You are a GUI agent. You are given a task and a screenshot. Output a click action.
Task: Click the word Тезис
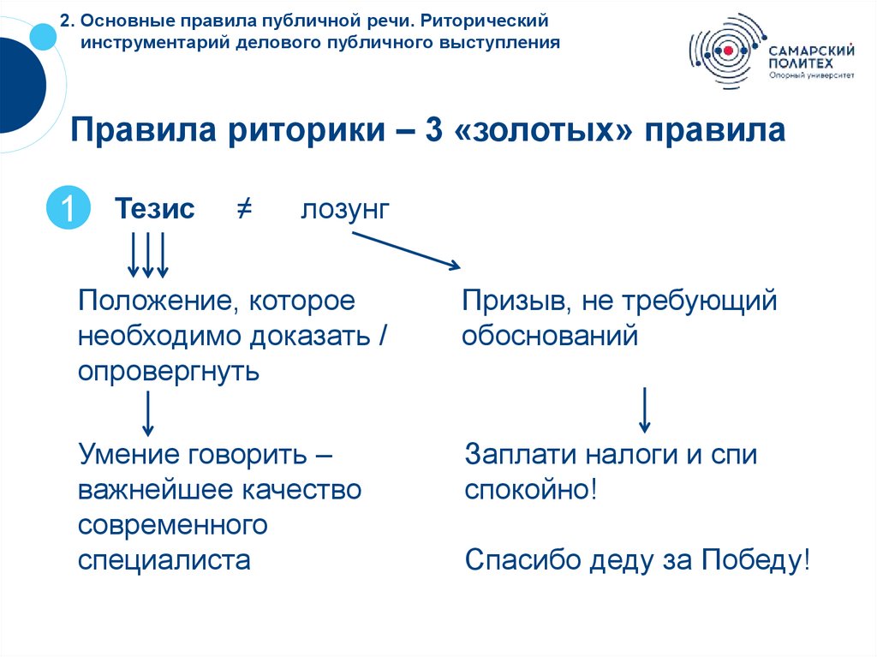(x=155, y=209)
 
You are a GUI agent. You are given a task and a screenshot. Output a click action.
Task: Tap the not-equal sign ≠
(x=242, y=209)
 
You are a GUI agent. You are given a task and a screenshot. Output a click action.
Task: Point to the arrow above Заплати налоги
(x=645, y=410)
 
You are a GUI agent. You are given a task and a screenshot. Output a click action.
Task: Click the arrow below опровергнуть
(x=148, y=413)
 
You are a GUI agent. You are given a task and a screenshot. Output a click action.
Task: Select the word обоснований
(x=550, y=336)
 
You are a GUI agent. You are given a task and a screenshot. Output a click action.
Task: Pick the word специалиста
(x=164, y=560)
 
